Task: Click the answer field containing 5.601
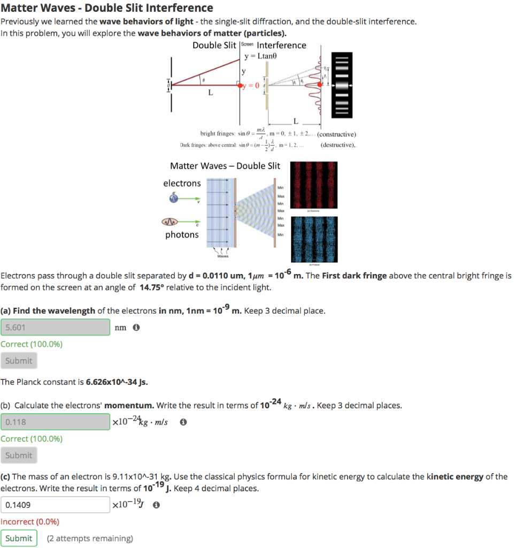[55, 327]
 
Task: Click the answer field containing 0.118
[55, 422]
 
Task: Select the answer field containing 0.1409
[55, 504]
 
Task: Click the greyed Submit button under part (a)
[19, 361]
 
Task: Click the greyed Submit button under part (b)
[19, 455]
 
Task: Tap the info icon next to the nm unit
[136, 328]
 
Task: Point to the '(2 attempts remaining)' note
[90, 538]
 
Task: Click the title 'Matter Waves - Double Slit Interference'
[107, 8]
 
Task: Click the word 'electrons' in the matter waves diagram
[182, 184]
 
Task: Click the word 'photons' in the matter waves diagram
[182, 234]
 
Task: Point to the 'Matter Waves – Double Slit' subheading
[225, 166]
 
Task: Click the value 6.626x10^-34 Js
[117, 382]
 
